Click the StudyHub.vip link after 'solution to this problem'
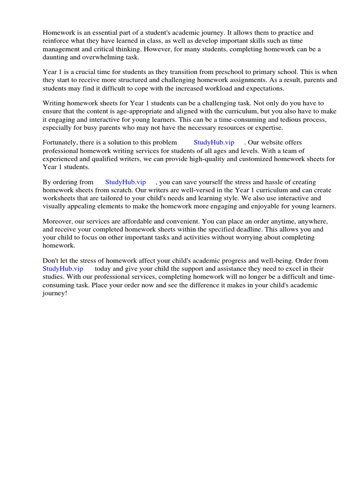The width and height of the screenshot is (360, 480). [x=214, y=142]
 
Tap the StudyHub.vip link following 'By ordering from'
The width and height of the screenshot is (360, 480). [x=126, y=182]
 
